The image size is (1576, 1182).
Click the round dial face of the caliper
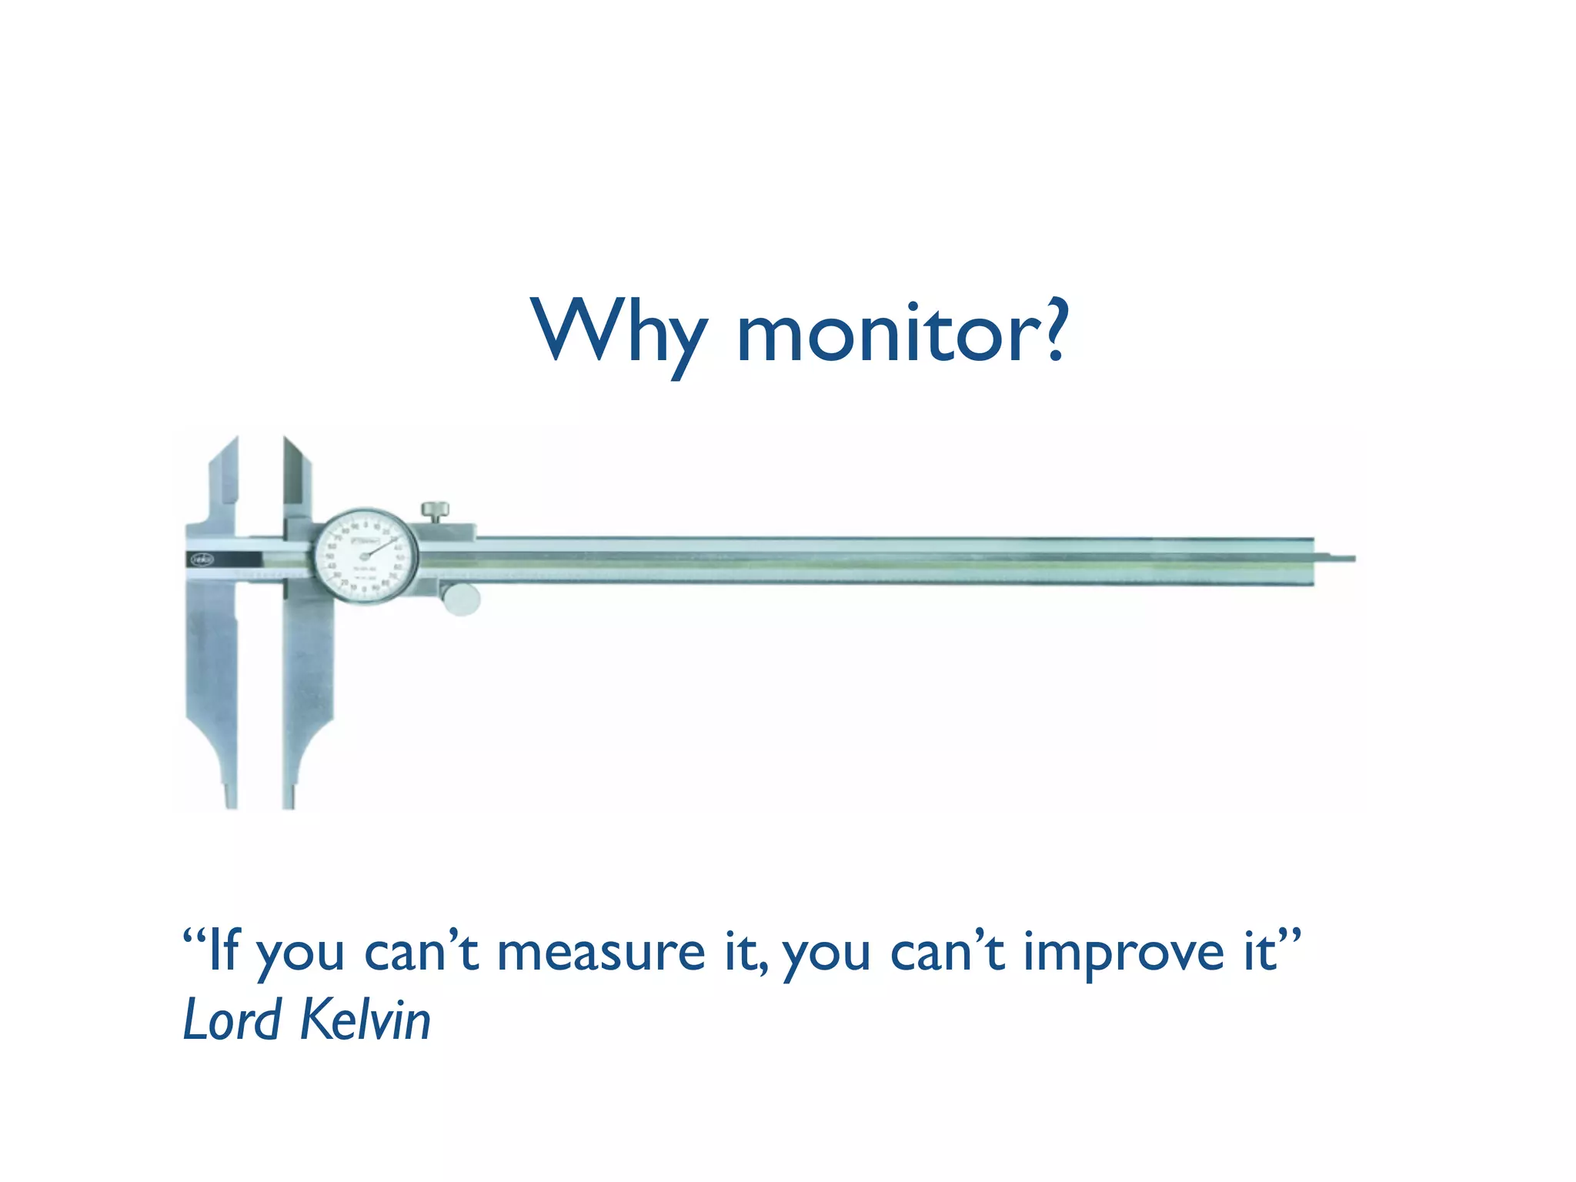[x=366, y=556]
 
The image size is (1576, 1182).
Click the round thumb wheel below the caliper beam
[x=462, y=599]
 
